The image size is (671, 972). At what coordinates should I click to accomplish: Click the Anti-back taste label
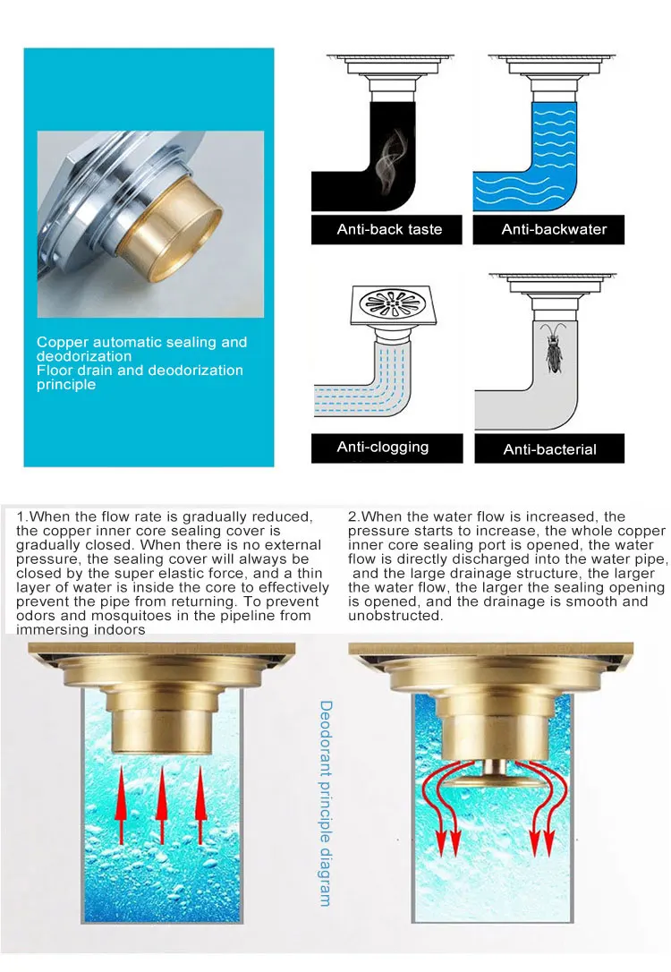389,229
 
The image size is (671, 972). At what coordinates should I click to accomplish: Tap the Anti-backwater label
554,229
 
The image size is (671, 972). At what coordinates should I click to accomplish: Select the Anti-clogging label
382,448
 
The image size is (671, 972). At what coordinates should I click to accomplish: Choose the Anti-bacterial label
549,449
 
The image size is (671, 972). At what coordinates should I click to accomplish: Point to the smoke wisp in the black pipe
390,158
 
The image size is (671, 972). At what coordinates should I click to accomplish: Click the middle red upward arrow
162,805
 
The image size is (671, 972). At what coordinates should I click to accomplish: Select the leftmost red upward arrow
121,805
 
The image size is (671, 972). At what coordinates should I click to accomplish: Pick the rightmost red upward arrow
200,805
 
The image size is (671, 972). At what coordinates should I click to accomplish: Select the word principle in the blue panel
66,385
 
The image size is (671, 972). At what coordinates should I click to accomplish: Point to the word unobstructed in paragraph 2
395,616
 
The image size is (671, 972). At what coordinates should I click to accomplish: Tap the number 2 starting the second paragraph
352,517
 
